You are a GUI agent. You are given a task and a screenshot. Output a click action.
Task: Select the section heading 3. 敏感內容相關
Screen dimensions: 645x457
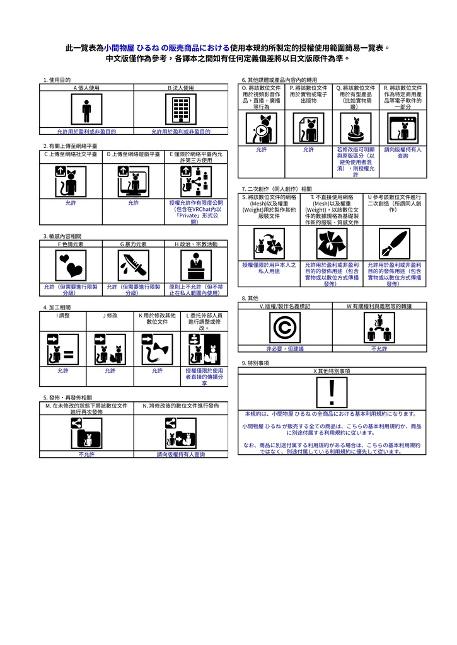click(x=62, y=236)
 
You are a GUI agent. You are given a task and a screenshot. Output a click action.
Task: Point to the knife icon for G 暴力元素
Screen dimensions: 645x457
click(x=133, y=265)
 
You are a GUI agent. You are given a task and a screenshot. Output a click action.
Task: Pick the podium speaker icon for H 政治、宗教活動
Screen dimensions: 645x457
click(x=195, y=265)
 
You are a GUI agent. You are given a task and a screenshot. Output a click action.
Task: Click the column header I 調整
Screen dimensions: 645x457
click(x=62, y=315)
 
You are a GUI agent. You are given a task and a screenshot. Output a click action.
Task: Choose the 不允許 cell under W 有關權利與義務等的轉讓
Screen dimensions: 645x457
click(x=379, y=348)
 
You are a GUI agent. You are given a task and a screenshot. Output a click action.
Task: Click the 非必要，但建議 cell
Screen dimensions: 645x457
click(x=285, y=348)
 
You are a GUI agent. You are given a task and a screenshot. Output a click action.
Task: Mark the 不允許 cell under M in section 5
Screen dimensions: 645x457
click(x=86, y=454)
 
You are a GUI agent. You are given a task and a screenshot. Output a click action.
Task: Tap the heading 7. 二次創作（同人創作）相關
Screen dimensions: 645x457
click(x=277, y=189)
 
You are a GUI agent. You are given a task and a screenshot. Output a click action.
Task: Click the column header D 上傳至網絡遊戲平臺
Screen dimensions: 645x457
click(x=133, y=154)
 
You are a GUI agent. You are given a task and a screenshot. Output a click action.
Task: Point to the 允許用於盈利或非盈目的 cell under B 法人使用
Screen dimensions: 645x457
click(x=180, y=132)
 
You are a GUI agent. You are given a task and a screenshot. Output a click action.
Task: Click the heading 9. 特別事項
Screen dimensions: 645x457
click(x=256, y=363)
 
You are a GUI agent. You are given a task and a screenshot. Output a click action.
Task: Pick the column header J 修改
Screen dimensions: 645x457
click(x=110, y=315)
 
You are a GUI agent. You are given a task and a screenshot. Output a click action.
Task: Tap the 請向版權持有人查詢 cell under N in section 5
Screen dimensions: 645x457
click(x=180, y=454)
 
